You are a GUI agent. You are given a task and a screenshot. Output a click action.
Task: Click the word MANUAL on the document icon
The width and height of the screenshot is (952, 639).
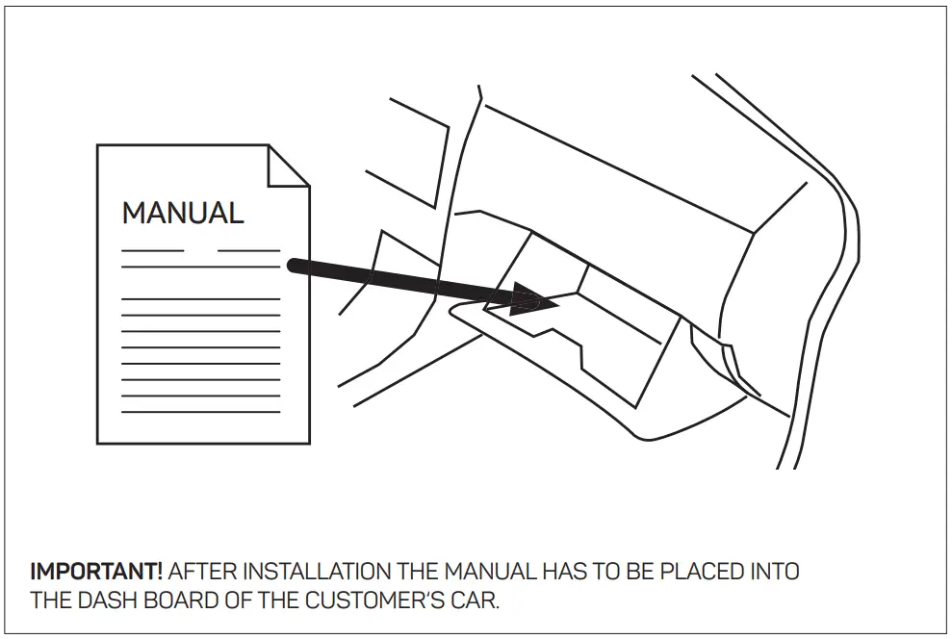tap(183, 213)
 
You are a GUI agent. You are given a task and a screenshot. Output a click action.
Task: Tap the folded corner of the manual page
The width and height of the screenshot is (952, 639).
tap(287, 166)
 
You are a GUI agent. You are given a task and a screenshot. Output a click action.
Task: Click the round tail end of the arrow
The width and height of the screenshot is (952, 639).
tap(293, 265)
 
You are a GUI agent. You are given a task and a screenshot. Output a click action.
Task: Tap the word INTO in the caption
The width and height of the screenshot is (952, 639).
tap(773, 572)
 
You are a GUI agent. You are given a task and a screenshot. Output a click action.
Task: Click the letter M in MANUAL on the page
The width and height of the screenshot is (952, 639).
tap(134, 213)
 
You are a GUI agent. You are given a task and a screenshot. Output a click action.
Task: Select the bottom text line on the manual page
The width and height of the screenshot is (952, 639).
tap(201, 412)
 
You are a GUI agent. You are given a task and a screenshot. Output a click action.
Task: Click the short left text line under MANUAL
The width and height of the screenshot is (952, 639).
tap(152, 250)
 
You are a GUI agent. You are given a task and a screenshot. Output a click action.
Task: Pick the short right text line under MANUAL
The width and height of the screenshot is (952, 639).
tap(248, 250)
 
